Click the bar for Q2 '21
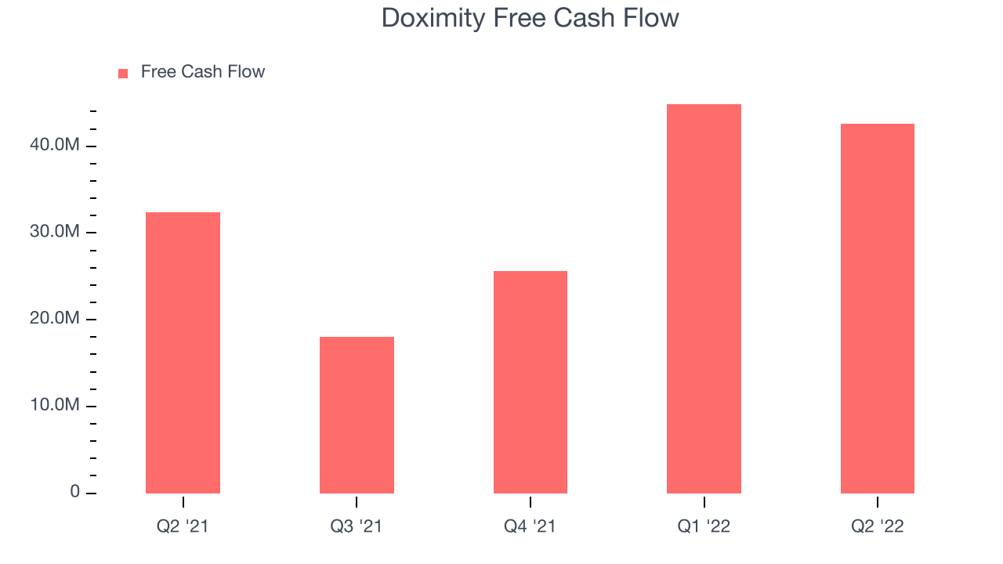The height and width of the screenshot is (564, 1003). [x=183, y=352]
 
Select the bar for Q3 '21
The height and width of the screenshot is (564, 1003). [x=357, y=415]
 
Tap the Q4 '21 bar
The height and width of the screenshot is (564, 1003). [x=530, y=382]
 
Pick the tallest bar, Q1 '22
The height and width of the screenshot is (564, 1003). [x=704, y=298]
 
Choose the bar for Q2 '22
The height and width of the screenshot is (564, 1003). [x=878, y=309]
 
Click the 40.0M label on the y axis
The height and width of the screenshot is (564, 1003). [x=55, y=145]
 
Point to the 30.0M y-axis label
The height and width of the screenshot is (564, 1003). [x=55, y=231]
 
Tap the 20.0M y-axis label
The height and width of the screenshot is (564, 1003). [x=55, y=318]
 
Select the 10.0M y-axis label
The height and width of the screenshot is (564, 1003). [x=55, y=405]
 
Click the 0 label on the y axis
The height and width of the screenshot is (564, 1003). [x=74, y=491]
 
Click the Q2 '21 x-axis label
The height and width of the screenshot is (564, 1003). [x=183, y=526]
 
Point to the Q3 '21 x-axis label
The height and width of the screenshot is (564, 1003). [x=357, y=526]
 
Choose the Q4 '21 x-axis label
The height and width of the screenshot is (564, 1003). [x=530, y=526]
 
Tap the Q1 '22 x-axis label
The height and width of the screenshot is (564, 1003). [x=704, y=526]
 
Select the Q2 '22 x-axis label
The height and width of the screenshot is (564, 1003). [x=878, y=526]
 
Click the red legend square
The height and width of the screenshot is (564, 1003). [x=123, y=74]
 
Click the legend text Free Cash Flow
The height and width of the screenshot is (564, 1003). [x=203, y=71]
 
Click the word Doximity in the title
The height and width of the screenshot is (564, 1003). [x=433, y=19]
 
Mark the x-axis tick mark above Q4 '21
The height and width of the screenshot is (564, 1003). [x=530, y=502]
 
